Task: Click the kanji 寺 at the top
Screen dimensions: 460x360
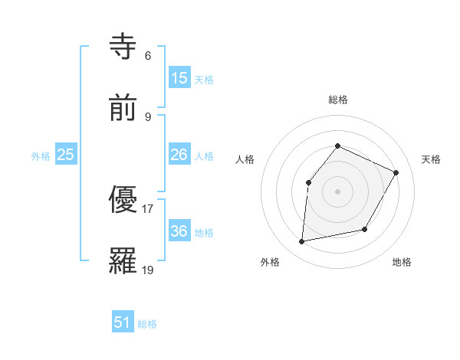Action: (x=124, y=47)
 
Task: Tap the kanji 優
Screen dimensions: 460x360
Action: (x=124, y=200)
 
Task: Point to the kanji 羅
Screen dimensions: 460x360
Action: (x=124, y=260)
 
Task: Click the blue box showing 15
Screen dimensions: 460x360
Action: (x=179, y=77)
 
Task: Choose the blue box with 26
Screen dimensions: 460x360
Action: (x=179, y=155)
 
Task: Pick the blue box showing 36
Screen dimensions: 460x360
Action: (x=179, y=231)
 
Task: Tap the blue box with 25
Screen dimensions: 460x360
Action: (x=66, y=155)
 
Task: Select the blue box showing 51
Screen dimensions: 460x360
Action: (x=123, y=322)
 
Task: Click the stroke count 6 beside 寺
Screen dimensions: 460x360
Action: (x=148, y=56)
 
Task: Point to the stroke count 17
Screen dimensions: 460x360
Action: (x=148, y=208)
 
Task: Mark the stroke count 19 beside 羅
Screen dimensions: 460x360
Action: (x=148, y=270)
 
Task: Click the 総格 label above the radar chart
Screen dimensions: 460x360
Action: (x=337, y=100)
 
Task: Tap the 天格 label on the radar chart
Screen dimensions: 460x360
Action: (x=431, y=159)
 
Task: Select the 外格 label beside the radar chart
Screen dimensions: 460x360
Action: (x=270, y=262)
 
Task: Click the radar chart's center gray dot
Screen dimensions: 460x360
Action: (x=337, y=191)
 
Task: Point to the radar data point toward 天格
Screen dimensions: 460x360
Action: (x=396, y=172)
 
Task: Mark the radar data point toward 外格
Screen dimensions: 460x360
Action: (x=302, y=242)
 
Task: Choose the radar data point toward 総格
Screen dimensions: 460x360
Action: (x=337, y=146)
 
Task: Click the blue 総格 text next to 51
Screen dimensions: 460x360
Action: (x=147, y=324)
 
